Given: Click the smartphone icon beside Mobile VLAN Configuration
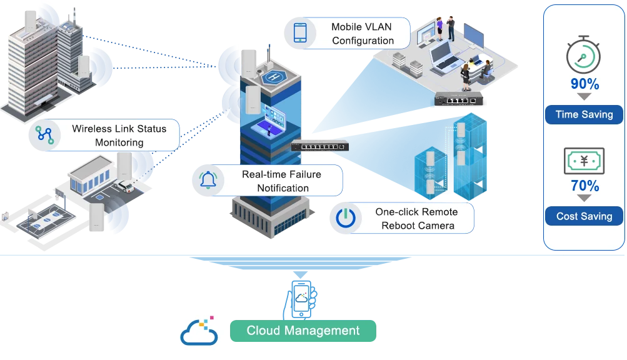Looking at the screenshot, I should (300, 33).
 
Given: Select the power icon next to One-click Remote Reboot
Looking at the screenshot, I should (345, 218).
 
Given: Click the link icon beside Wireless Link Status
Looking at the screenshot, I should (44, 135).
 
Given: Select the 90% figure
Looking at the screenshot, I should (584, 84).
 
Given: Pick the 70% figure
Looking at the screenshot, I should (584, 186).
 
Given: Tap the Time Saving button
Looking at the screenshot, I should (584, 114).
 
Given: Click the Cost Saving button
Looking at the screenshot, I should (584, 216).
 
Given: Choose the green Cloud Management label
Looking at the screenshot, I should (303, 331).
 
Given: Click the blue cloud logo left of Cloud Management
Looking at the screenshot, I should (199, 332).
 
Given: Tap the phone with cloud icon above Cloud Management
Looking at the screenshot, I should (302, 298).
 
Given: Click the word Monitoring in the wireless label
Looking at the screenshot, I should (119, 142).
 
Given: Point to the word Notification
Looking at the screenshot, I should (283, 188).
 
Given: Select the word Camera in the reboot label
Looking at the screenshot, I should (437, 226).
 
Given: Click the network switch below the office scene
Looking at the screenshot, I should (462, 99).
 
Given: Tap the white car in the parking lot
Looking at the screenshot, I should (124, 185).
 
